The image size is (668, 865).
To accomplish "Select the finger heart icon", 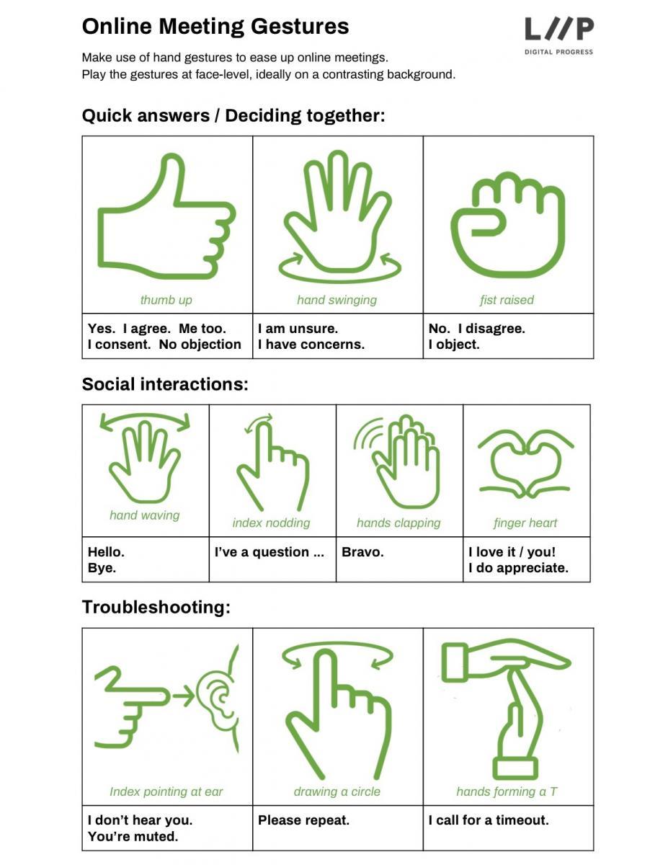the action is [525, 463].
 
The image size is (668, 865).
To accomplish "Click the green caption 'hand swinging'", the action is [337, 300].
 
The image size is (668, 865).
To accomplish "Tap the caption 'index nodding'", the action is [271, 523].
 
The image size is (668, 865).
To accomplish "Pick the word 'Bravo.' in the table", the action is [362, 552].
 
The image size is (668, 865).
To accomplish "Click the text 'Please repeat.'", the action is [303, 820].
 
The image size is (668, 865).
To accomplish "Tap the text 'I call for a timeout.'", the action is [489, 820].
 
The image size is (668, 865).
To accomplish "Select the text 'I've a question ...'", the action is [270, 552].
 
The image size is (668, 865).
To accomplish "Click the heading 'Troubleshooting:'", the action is [156, 608].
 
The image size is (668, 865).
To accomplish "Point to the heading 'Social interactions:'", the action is [165, 384].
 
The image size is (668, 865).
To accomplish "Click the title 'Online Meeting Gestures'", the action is [215, 27].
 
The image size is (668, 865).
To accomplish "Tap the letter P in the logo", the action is [582, 29].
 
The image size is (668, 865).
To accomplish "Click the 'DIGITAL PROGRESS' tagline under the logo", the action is [558, 52].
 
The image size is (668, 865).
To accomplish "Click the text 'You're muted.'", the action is [133, 836].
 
